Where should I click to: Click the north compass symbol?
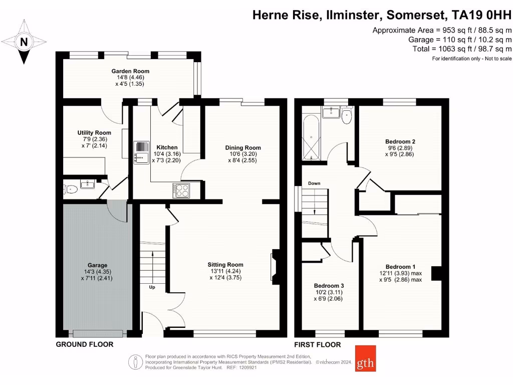23,42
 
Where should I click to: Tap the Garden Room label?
130,71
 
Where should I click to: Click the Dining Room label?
243,147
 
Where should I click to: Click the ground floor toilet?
70,189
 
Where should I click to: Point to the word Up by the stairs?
152,287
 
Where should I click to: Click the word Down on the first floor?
314,183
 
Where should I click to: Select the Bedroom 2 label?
400,141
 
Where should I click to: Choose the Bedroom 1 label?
400,266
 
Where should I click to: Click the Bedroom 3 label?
329,285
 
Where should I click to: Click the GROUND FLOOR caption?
84,344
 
